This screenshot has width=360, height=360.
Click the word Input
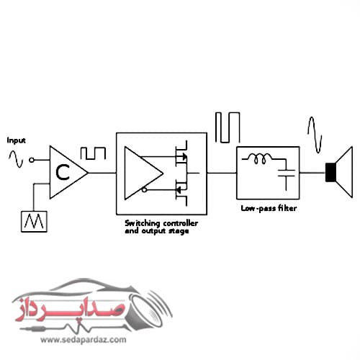tap(15, 140)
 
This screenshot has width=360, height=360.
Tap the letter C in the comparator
tap(63, 171)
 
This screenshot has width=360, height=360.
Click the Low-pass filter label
tap(268, 210)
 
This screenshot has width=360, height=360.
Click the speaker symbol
tap(338, 172)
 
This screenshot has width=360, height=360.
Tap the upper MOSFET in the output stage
tap(182, 153)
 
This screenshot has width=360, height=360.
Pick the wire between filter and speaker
tap(312, 173)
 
